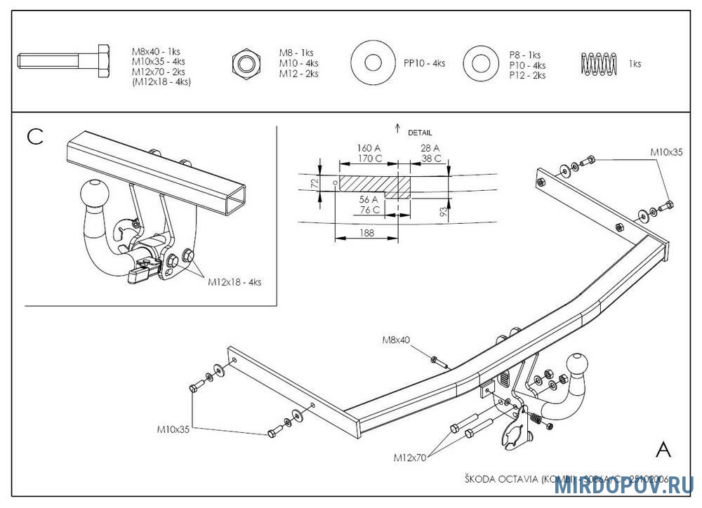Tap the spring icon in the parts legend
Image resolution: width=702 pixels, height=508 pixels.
(x=598, y=63)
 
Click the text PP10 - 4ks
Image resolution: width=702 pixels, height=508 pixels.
(x=424, y=63)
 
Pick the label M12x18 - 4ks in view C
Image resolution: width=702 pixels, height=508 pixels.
(x=234, y=282)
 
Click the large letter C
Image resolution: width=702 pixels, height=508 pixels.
(x=35, y=137)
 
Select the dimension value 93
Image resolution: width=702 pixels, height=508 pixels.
(x=444, y=210)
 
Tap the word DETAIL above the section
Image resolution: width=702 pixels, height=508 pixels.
(x=420, y=132)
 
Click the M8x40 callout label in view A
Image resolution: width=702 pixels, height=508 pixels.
(x=396, y=340)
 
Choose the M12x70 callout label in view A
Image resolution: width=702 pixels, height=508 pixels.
(x=411, y=457)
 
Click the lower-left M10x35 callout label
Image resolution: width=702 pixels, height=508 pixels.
(x=173, y=429)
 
